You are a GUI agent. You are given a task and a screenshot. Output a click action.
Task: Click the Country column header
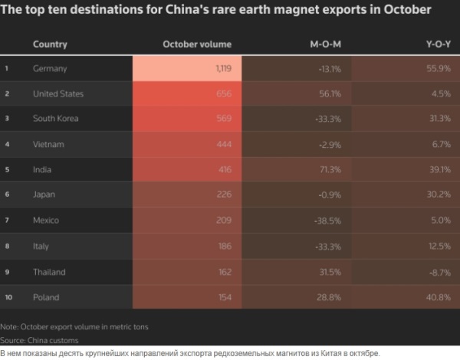(50, 44)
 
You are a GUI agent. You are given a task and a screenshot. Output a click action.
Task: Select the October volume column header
(197, 44)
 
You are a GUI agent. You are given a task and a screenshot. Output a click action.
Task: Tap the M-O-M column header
(325, 44)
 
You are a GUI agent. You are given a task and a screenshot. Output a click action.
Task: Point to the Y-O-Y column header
(437, 44)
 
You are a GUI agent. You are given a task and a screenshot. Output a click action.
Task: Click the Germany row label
(51, 69)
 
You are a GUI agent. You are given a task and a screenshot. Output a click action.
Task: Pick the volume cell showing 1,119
(219, 69)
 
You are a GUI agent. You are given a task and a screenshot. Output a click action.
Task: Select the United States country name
(58, 94)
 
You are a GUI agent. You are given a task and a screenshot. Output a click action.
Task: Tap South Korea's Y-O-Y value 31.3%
(438, 119)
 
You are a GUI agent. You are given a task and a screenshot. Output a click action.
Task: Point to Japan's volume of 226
(223, 195)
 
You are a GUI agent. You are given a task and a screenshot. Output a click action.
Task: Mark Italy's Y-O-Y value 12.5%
(438, 245)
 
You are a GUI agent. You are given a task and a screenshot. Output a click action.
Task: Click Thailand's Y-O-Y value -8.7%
(438, 271)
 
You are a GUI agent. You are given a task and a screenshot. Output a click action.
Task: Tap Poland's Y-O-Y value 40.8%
(438, 296)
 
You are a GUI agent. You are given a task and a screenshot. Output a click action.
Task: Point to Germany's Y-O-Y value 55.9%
(438, 69)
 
